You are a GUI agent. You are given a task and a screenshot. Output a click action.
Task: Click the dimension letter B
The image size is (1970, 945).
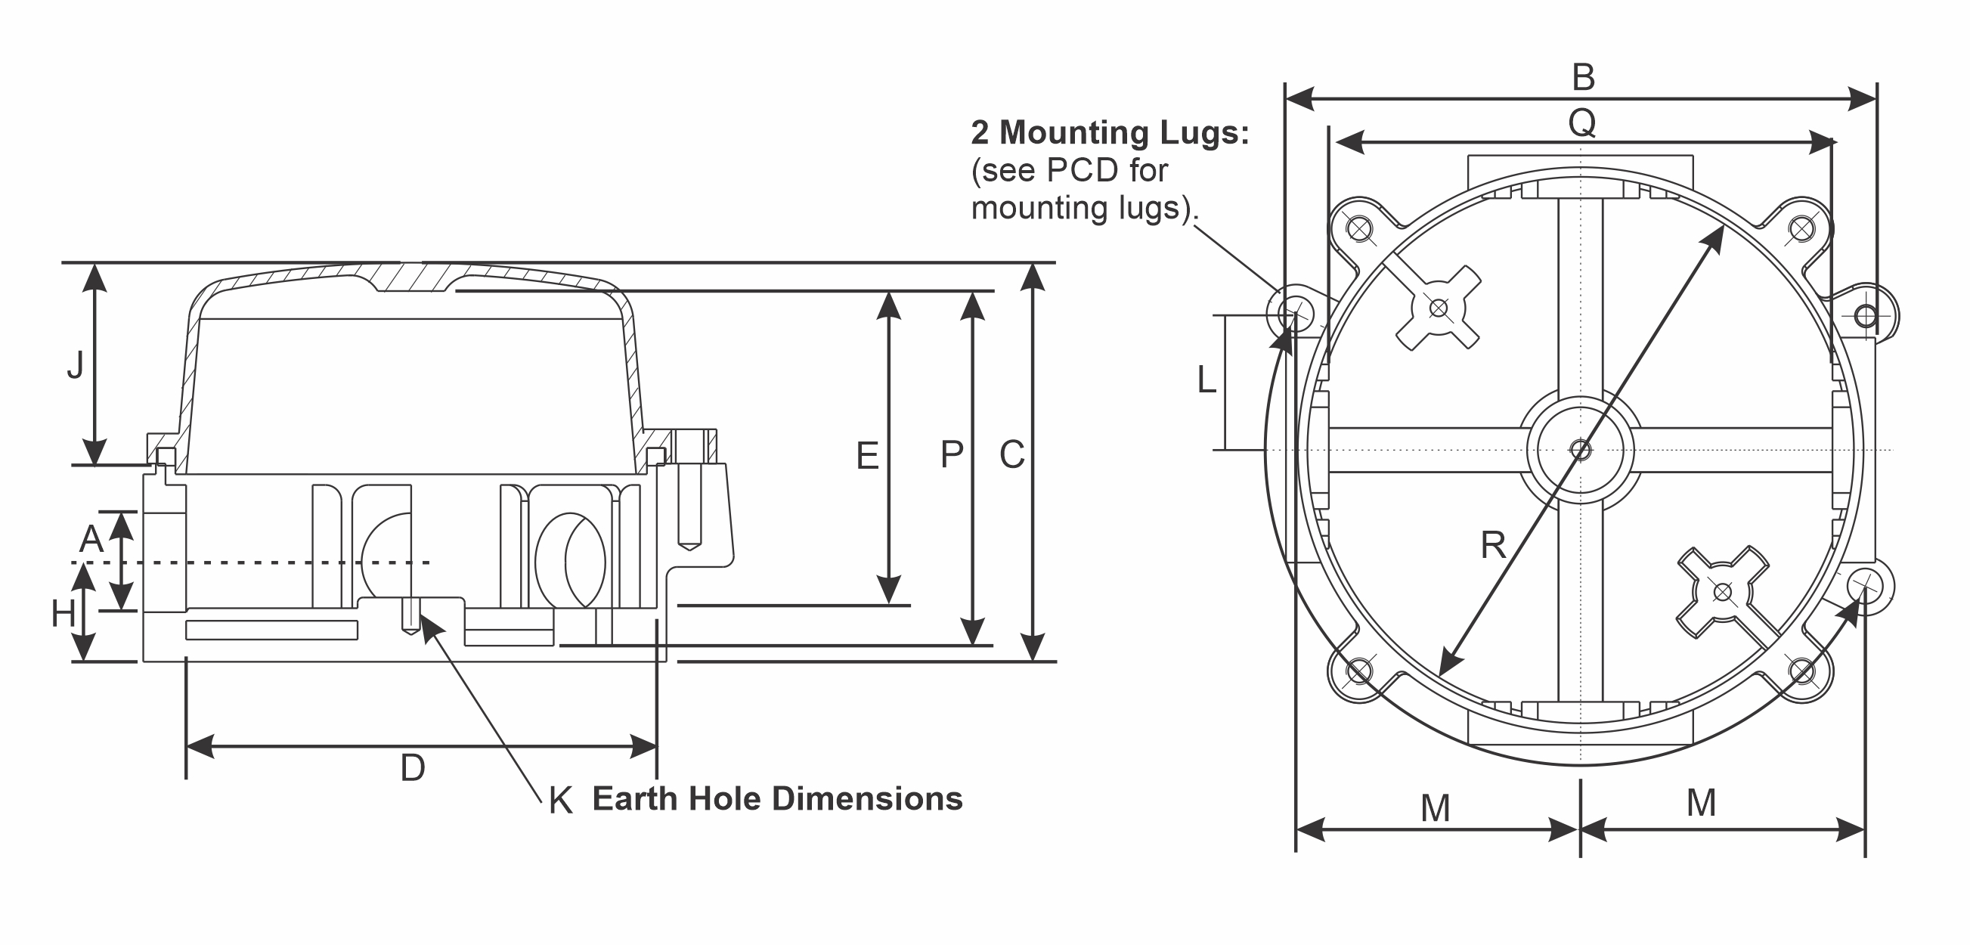pos(1583,77)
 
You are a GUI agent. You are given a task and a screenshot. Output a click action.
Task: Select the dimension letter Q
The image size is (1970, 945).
pos(1581,122)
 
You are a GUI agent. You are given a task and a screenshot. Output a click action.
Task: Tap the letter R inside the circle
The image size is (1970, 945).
pos(1493,545)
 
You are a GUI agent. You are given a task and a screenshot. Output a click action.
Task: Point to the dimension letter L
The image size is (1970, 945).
pos(1206,380)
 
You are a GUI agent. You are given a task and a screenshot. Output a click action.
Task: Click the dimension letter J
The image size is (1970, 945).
pos(75,365)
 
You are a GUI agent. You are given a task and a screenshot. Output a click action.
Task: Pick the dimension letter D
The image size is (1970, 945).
pos(412,767)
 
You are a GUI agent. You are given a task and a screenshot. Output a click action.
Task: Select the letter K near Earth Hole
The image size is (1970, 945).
pos(561,801)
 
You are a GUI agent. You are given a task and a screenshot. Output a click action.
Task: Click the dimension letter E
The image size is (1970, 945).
pos(866,457)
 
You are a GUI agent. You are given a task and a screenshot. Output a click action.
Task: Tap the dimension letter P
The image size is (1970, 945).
pos(951,455)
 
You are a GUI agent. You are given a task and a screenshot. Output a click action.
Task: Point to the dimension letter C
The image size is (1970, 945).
pos(1011,455)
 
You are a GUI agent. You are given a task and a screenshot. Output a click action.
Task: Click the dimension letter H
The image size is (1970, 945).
pos(63,614)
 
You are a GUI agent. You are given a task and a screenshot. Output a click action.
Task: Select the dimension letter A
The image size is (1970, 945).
pos(91,539)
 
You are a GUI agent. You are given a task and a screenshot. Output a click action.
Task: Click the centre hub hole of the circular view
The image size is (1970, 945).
pos(1580,450)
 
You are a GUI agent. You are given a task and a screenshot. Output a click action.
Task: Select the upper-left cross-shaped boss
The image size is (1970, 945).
pos(1439,308)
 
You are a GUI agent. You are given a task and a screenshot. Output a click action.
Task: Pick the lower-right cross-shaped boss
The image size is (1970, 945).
pos(1722,592)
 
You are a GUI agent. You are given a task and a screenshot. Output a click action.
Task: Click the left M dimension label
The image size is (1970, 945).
pos(1435,808)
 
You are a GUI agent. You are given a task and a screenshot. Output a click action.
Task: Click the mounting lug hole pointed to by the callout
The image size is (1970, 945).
pos(1296,312)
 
